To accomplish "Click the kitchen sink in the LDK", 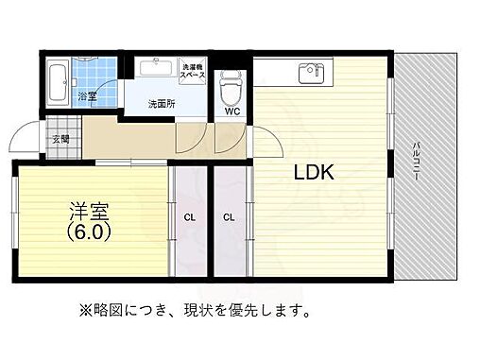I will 308,72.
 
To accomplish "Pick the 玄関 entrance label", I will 60,139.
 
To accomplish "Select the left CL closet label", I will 189,217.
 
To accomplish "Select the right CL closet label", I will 229,217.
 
